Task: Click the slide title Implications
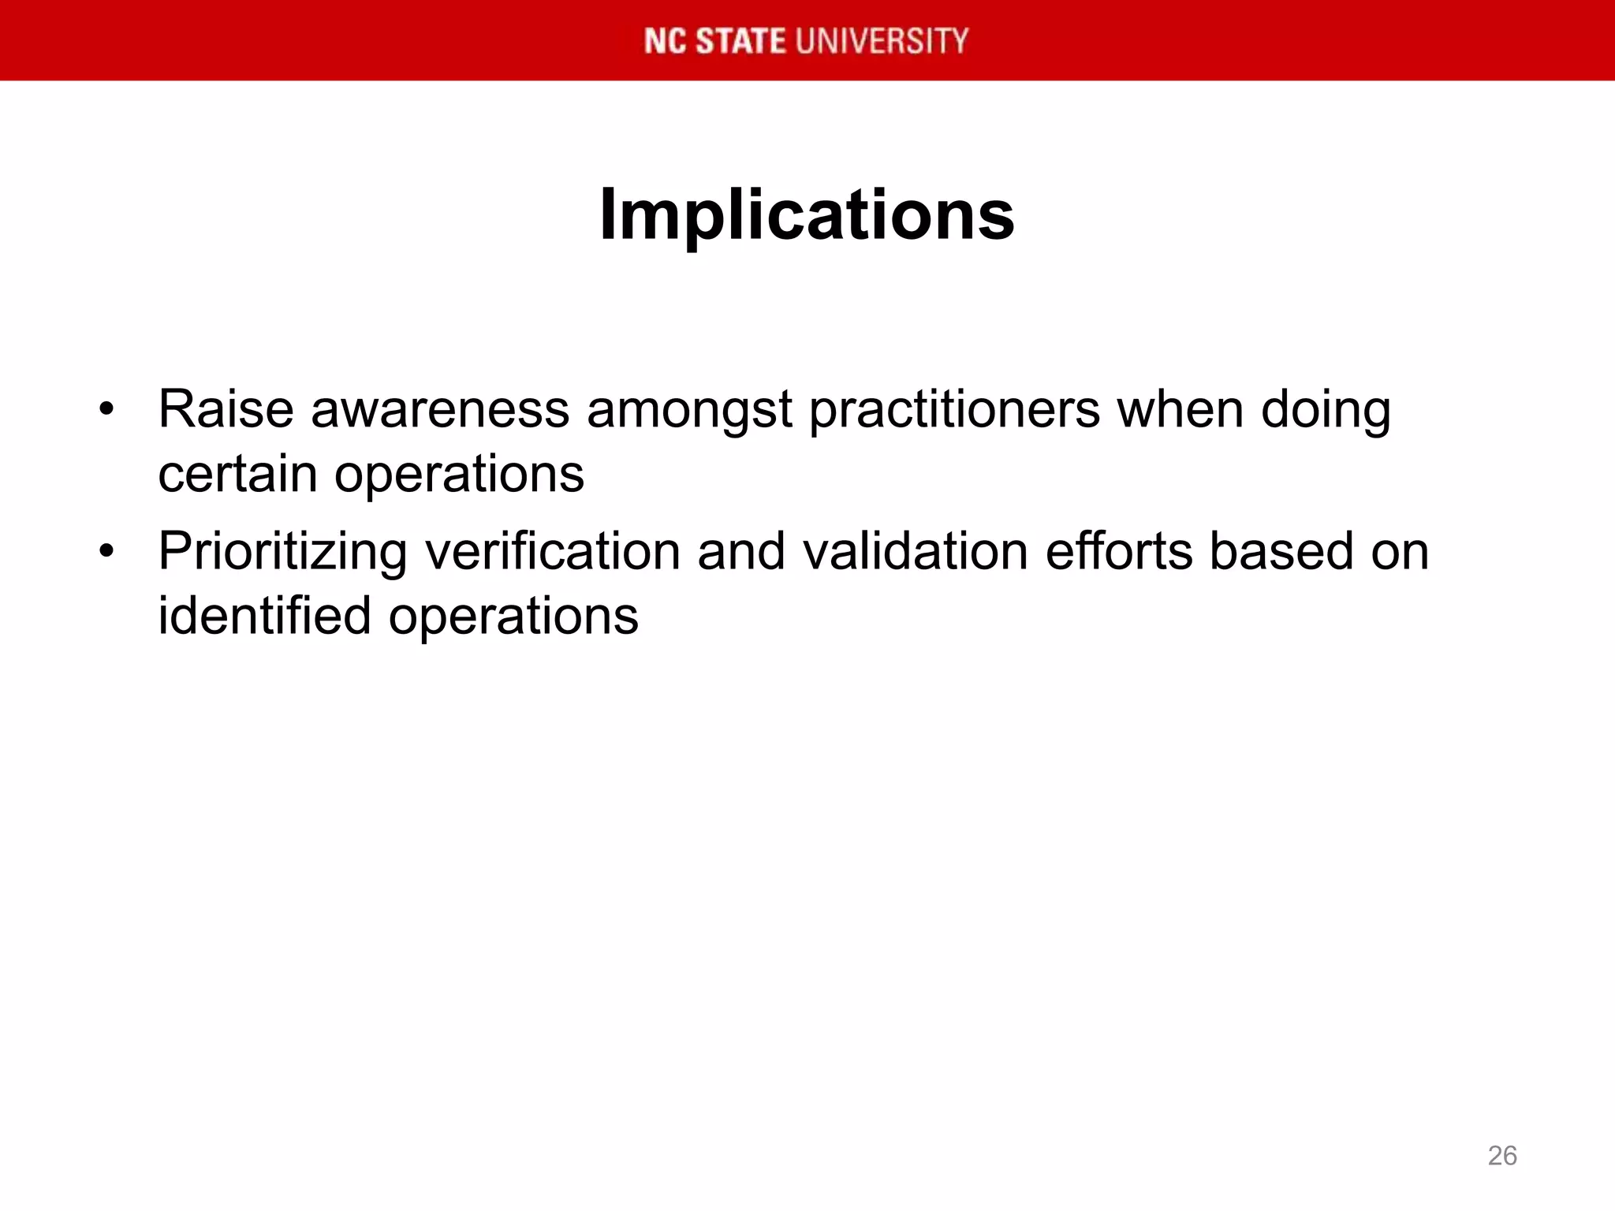point(807,215)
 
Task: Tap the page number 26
point(1501,1156)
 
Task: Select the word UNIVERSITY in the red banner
point(882,41)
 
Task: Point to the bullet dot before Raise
point(107,410)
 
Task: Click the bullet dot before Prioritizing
point(107,551)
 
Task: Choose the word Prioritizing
point(282,552)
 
